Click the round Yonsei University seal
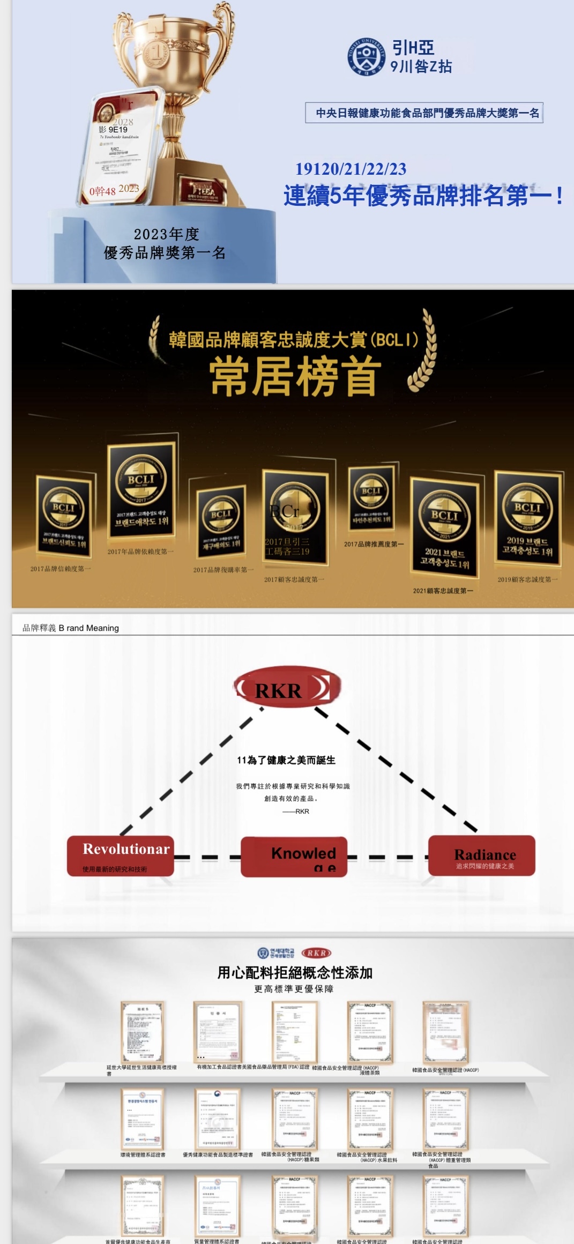(x=366, y=56)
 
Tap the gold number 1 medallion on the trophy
(x=156, y=53)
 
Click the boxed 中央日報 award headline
(x=424, y=113)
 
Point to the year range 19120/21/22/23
(x=351, y=169)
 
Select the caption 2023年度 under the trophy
(x=166, y=234)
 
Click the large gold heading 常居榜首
(x=296, y=376)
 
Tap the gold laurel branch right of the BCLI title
(x=423, y=351)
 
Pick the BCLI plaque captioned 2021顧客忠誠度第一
(x=444, y=528)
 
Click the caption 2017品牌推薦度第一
(x=374, y=544)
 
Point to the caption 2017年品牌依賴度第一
(x=140, y=552)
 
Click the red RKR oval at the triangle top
(x=287, y=688)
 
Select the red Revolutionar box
(x=121, y=855)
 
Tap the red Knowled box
(x=294, y=856)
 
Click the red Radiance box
(x=481, y=855)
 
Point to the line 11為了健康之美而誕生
(x=286, y=760)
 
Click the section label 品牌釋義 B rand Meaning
(x=71, y=628)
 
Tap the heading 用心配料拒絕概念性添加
(x=295, y=973)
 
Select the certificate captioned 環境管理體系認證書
(x=142, y=1119)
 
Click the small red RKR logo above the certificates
(x=317, y=953)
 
